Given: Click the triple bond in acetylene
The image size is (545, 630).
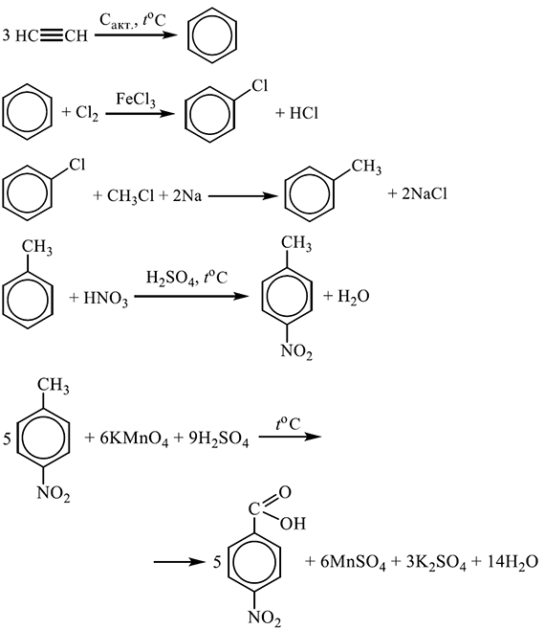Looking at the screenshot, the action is point(52,35).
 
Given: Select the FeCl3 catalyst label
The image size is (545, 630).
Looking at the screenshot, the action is point(136,100).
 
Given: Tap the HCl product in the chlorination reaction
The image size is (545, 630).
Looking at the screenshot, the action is point(304,113).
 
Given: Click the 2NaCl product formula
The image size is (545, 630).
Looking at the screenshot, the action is point(425,194).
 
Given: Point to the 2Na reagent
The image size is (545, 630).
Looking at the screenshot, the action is point(187,195).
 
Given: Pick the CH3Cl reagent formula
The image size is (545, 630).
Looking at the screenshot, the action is point(130,196).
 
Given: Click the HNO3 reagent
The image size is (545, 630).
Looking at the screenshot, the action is point(105,299).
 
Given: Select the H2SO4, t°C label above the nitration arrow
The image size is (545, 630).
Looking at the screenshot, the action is point(186,278).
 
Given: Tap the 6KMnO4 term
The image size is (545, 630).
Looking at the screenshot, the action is point(134,439).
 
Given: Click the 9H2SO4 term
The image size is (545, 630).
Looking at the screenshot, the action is point(219,439).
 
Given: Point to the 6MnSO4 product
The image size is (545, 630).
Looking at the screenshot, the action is point(353,562).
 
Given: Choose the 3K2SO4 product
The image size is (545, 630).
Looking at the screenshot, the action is point(436,562).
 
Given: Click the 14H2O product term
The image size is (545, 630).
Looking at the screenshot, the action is point(512,562).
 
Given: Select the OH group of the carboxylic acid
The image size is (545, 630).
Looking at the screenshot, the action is point(293,524).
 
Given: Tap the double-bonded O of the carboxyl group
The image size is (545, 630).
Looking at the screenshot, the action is point(285,492).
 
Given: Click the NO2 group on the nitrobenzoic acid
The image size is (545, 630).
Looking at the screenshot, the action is point(265,619).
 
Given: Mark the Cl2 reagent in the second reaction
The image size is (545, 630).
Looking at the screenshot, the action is point(87,113).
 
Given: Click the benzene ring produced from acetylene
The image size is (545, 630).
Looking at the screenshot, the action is point(212,35).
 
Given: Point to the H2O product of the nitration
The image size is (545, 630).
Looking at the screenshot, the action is point(353,297).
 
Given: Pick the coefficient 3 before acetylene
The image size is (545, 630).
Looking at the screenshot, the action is point(6,35).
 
